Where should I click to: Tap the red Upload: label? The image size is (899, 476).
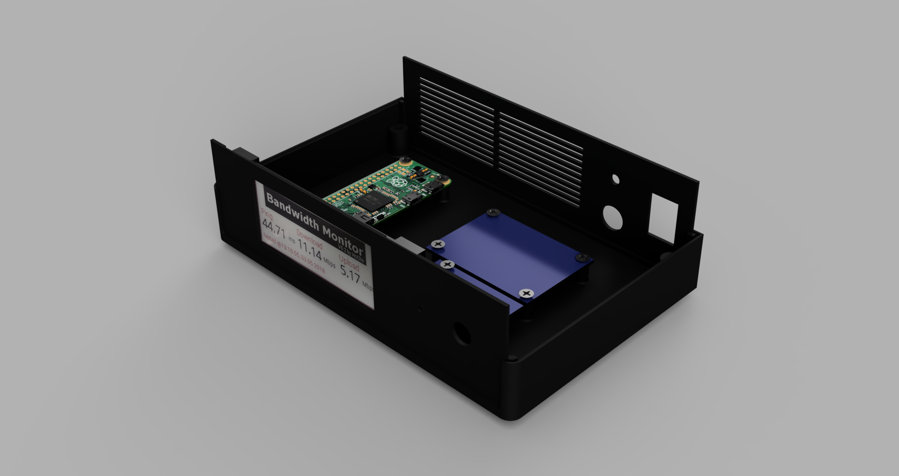349,263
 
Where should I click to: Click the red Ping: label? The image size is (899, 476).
267,215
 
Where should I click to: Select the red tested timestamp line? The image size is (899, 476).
294,254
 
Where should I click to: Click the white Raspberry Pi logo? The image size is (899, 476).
396,182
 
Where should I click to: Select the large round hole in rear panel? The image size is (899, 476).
612,217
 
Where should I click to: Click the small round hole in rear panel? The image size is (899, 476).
615,179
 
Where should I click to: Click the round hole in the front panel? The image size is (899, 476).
461,333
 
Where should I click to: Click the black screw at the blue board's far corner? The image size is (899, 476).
493,212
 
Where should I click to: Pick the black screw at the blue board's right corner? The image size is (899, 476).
582,257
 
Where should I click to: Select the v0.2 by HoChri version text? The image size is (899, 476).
351,254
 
